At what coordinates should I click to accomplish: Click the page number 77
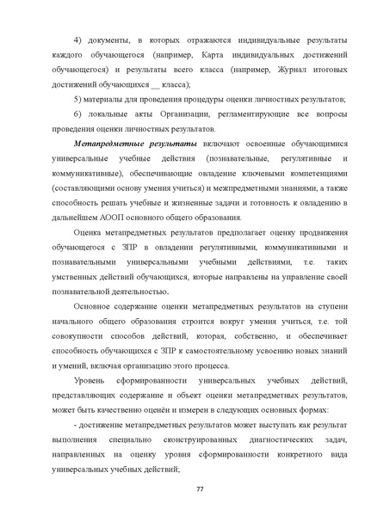pyautogui.click(x=199, y=488)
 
